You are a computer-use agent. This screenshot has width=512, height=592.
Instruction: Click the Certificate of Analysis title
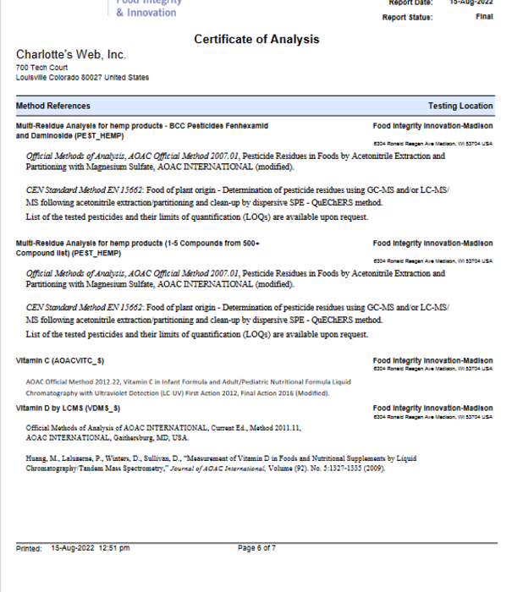pos(256,40)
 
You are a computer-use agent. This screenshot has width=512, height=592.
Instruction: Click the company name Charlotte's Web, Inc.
pos(70,55)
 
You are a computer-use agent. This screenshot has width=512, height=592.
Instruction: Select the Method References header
pos(52,106)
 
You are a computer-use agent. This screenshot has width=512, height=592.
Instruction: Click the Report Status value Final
pos(484,17)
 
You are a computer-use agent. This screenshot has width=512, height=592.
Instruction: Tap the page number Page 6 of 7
pos(256,548)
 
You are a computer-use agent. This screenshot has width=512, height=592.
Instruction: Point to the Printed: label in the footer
pos(29,548)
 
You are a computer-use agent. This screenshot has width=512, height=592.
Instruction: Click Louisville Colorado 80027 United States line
pos(82,77)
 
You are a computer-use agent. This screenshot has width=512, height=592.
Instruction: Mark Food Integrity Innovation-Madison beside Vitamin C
pos(432,360)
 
